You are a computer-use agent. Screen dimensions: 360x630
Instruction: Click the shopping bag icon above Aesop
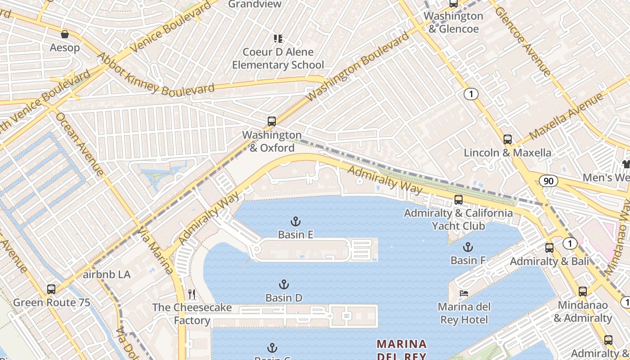[x=65, y=34]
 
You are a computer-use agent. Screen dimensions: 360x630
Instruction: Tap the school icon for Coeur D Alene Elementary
[x=278, y=39]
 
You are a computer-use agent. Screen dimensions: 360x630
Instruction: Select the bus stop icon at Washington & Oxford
[x=271, y=121]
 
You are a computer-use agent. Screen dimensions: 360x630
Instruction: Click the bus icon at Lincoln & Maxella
[x=508, y=139]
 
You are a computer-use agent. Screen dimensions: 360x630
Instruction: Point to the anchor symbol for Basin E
[x=295, y=221]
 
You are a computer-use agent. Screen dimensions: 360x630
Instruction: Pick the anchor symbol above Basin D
[x=283, y=284]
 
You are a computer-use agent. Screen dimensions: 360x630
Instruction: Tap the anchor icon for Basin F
[x=468, y=247]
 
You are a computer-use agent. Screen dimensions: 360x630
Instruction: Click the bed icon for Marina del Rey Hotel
[x=463, y=293]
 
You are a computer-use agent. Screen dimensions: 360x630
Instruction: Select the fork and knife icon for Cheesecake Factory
[x=192, y=294]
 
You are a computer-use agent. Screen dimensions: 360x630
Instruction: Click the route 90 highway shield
[x=549, y=181]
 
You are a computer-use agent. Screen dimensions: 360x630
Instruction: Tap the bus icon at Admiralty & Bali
[x=549, y=247]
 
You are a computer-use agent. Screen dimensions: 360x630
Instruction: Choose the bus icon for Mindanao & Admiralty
[x=583, y=292]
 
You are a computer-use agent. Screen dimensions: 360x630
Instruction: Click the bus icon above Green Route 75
[x=51, y=289]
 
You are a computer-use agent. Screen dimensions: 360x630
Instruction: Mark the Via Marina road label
[x=156, y=250]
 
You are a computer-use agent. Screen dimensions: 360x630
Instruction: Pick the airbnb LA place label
[x=107, y=274]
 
